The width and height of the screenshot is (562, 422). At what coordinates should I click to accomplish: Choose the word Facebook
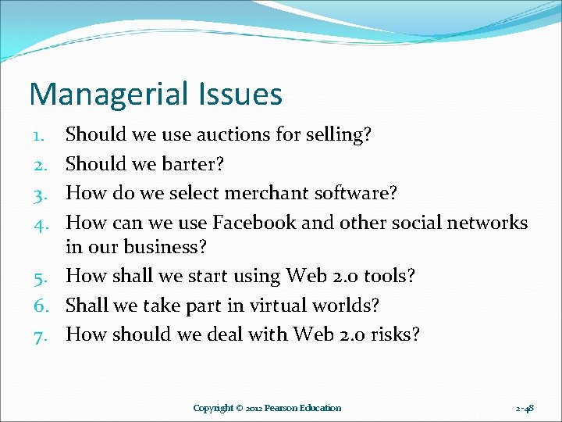pyautogui.click(x=254, y=222)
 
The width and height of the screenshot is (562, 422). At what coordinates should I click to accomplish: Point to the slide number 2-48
pyautogui.click(x=525, y=408)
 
